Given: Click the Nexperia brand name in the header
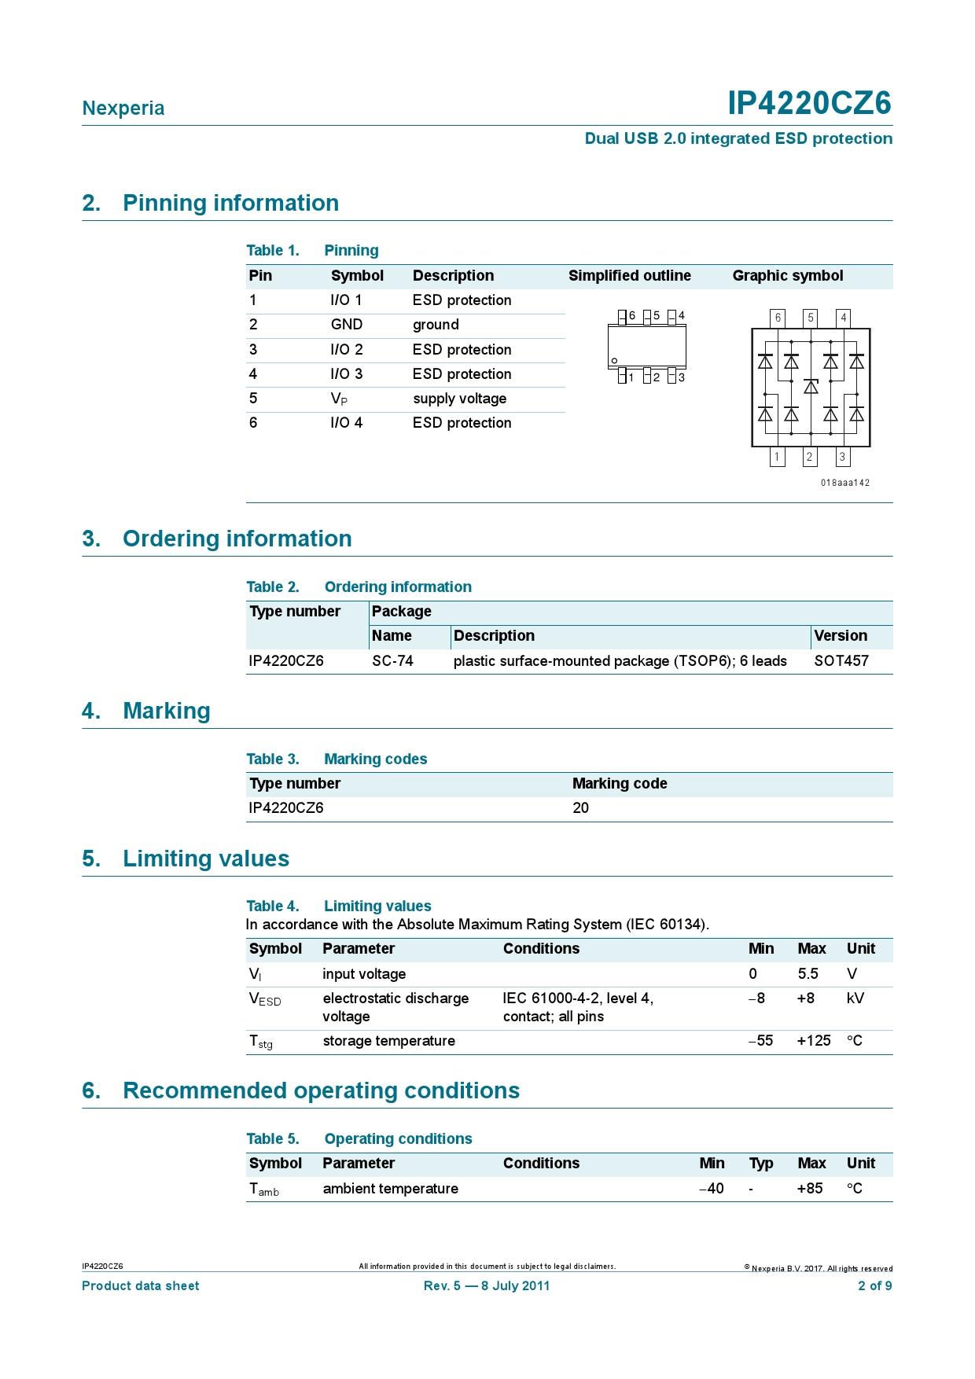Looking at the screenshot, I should click(123, 108).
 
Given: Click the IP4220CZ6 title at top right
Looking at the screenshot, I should click(808, 103).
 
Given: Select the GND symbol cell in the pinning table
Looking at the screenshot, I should click(346, 325).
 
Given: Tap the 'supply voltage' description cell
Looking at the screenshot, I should click(459, 399).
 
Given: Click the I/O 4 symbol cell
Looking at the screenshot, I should click(346, 423).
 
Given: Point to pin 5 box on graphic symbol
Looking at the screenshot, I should click(810, 318).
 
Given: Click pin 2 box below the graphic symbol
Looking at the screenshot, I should click(809, 457).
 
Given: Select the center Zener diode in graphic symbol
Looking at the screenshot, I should click(811, 386).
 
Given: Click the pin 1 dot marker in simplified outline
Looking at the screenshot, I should click(614, 361).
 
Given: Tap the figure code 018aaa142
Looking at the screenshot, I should click(844, 483).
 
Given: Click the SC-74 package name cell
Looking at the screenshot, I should click(392, 661).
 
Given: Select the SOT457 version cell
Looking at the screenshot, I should click(841, 661).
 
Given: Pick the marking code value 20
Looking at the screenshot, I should click(580, 808).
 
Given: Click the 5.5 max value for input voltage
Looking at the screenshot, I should click(808, 974).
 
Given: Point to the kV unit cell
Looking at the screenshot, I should click(855, 998).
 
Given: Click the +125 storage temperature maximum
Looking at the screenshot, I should click(813, 1041).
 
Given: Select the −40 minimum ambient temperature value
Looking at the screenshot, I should click(712, 1189).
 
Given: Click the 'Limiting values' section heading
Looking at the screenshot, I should click(205, 859).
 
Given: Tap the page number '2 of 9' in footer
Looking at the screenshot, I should click(874, 1286).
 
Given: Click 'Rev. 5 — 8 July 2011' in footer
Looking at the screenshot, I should click(486, 1286).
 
